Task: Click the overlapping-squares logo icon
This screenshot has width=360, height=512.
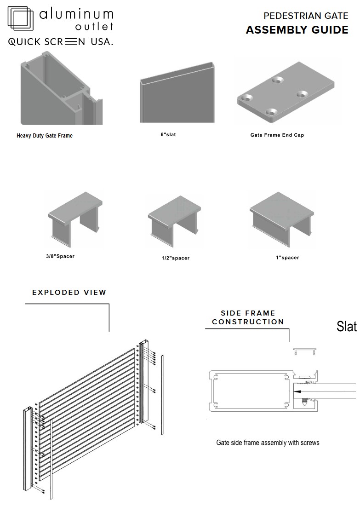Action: [21, 18]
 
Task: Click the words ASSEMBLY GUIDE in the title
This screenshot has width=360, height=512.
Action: [297, 30]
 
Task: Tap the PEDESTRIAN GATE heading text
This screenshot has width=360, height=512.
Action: [306, 16]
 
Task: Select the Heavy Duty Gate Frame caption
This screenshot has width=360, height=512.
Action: [45, 136]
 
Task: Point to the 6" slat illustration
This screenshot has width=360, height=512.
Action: [177, 92]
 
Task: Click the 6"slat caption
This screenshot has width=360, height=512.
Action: [168, 134]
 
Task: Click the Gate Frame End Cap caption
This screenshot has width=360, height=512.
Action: [277, 135]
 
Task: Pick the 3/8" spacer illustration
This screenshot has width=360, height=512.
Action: [75, 219]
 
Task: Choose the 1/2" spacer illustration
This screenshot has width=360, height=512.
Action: [174, 221]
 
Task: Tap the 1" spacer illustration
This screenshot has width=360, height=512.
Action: [282, 219]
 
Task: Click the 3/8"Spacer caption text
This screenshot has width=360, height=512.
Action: [60, 256]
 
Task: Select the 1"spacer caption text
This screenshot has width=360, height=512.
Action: [287, 258]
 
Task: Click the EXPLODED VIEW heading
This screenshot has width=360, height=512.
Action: [69, 292]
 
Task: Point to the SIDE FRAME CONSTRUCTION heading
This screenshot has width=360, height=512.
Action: [248, 317]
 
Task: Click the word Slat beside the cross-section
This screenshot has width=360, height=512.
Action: [347, 327]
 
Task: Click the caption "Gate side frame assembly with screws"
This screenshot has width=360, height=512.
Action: [268, 443]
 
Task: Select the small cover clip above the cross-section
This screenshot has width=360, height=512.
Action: [305, 351]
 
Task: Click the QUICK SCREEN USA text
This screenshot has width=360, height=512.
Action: [61, 42]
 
